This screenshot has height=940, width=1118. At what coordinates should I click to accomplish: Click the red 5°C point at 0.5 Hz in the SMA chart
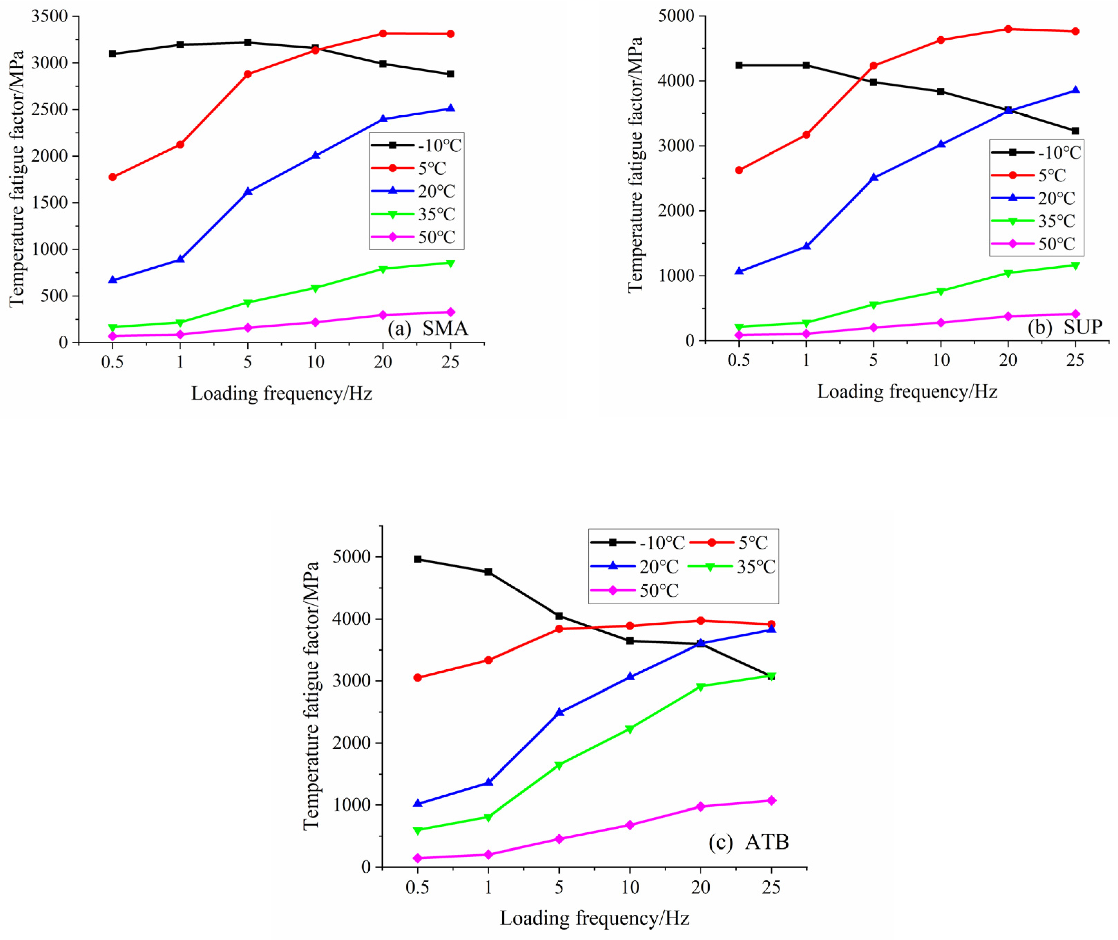point(113,177)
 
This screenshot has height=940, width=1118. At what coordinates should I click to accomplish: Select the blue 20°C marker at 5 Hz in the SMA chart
point(247,191)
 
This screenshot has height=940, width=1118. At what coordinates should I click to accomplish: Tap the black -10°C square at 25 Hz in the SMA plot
point(451,74)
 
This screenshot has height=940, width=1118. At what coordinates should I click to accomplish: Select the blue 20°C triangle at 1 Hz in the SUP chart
point(806,246)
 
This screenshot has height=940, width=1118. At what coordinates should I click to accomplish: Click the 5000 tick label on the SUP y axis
point(676,16)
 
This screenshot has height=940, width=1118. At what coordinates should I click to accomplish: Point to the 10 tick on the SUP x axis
point(941,360)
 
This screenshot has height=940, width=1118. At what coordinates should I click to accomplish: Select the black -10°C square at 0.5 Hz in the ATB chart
point(417,559)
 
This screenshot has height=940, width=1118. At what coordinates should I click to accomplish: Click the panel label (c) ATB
point(749,842)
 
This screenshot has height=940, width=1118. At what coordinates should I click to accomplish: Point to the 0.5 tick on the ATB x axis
point(417,887)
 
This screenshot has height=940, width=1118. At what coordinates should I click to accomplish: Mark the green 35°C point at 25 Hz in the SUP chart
point(1075,265)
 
